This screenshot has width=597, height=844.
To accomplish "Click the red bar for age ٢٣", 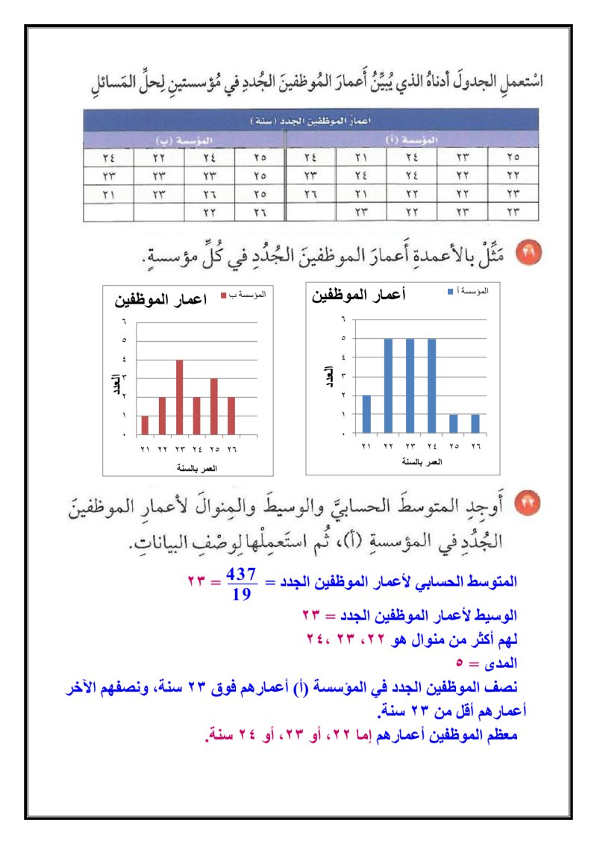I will click(x=179, y=397).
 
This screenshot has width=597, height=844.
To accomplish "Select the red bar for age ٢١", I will click(x=145, y=425).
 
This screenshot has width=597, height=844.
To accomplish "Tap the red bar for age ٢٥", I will click(x=213, y=406).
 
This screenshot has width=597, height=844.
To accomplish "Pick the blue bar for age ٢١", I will click(x=366, y=413).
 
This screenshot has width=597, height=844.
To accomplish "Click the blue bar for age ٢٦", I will click(x=475, y=423).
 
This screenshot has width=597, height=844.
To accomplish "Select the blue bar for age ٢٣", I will click(x=410, y=385).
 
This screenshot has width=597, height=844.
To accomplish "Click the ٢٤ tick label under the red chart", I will click(x=197, y=450).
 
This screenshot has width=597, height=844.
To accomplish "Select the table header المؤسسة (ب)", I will click(x=184, y=140).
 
